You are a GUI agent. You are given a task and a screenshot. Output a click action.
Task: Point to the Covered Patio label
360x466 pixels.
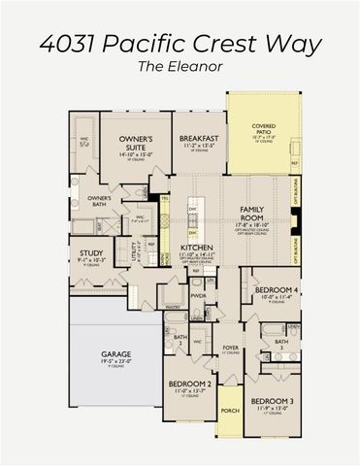pyautogui.click(x=263, y=127)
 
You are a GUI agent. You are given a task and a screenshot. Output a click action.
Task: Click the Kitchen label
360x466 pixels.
pyautogui.click(x=196, y=248)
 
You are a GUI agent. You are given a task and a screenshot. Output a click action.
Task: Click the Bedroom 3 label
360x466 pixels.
pyautogui.click(x=264, y=400)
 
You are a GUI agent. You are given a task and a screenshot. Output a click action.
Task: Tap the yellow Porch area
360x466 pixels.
pyautogui.click(x=229, y=408)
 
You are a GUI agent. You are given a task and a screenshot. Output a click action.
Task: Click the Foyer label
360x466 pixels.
pyautogui.click(x=230, y=345)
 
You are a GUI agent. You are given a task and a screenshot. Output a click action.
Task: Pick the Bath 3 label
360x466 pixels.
pyautogui.click(x=280, y=344)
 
